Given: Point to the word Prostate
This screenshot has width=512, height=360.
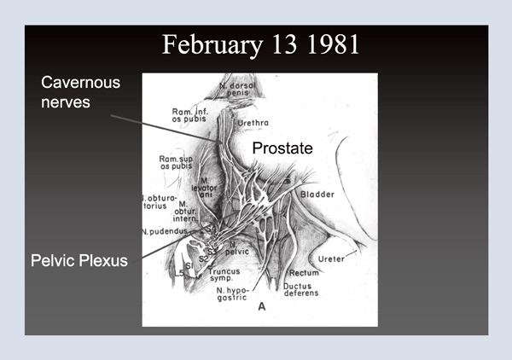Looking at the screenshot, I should (x=282, y=148).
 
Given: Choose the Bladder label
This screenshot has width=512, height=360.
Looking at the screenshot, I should (x=317, y=195).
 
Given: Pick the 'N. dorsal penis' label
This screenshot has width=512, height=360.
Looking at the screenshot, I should (x=238, y=89).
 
